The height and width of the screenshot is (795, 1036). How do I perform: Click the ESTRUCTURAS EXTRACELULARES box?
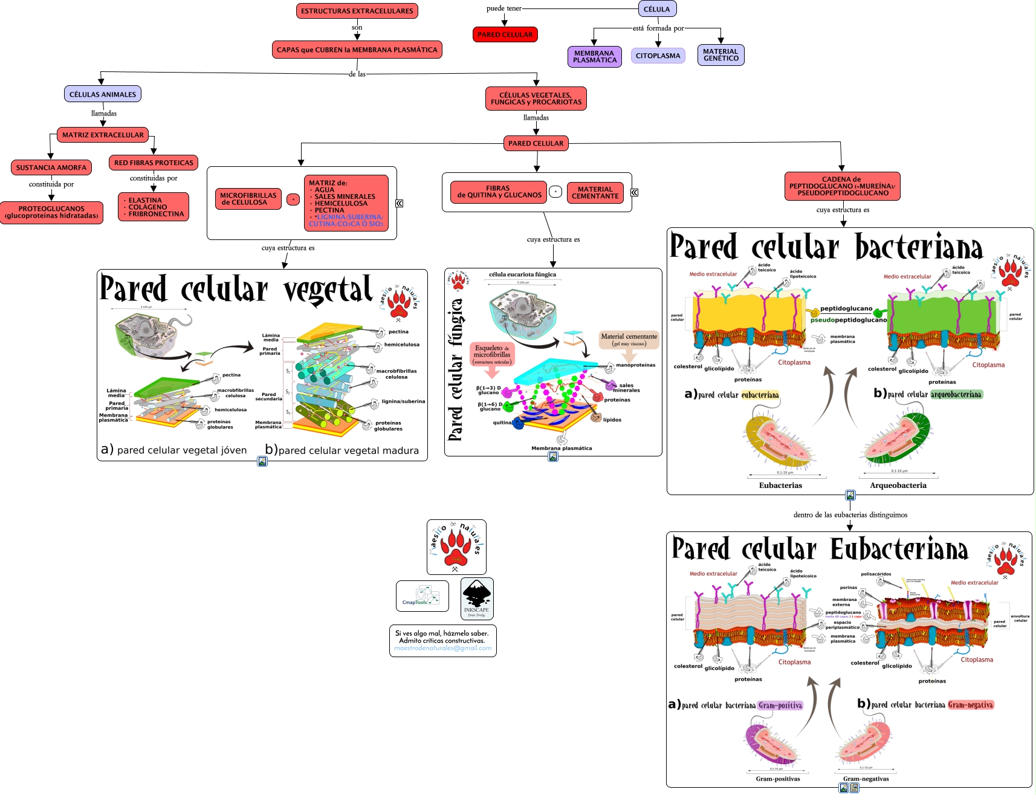(357, 11)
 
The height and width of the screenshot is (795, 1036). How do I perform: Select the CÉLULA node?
(656, 9)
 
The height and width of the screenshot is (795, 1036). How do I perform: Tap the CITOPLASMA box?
(658, 56)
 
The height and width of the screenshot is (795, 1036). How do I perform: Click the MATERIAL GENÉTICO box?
(720, 55)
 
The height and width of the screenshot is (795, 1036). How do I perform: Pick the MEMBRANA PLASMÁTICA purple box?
(594, 57)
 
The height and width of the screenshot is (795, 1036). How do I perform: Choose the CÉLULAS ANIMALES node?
(103, 94)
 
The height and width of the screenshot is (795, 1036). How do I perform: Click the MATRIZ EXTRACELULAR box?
(103, 135)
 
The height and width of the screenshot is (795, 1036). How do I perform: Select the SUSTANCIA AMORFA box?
(51, 167)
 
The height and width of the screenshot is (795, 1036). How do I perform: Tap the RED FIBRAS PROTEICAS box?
(154, 163)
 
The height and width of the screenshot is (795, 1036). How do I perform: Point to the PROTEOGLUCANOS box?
(51, 212)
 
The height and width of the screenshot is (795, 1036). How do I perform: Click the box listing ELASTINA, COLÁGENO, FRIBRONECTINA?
(154, 207)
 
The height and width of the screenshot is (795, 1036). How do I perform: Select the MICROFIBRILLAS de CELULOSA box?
(248, 199)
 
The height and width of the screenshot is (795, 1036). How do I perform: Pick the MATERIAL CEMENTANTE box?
(595, 193)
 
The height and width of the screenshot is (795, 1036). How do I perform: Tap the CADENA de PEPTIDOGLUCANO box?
(842, 186)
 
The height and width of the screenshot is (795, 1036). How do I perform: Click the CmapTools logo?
(422, 596)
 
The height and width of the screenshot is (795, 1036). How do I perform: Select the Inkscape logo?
(477, 599)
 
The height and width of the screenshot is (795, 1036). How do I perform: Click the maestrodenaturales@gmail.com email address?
(442, 648)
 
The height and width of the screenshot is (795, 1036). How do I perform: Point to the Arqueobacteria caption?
(898, 485)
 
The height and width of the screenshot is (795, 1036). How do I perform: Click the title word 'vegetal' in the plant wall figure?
(328, 290)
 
